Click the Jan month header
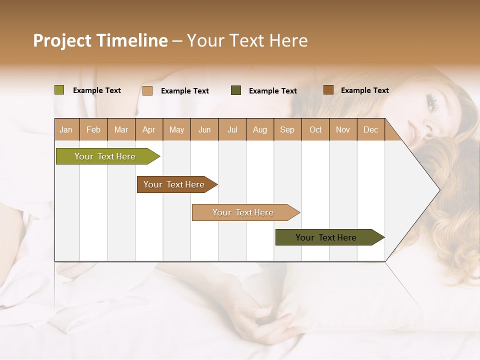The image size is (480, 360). coord(66,130)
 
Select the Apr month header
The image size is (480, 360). coord(148,130)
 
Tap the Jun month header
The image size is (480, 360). coord(204,130)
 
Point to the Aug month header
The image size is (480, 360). coord(259,130)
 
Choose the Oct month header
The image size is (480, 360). coord(315,130)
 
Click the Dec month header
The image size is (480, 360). coord(370,130)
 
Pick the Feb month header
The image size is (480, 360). coord(93,130)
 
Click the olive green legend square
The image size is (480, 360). coord(59,90)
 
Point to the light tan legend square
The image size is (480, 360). coord(147,90)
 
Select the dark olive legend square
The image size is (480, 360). coord(236,90)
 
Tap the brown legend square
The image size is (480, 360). coord(328,90)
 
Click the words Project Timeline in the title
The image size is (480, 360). coord(100,40)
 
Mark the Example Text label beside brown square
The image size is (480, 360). coord(364,90)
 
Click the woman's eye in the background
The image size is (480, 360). coord(432,102)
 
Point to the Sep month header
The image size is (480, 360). coord(287,130)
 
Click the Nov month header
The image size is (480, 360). coord(343,130)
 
